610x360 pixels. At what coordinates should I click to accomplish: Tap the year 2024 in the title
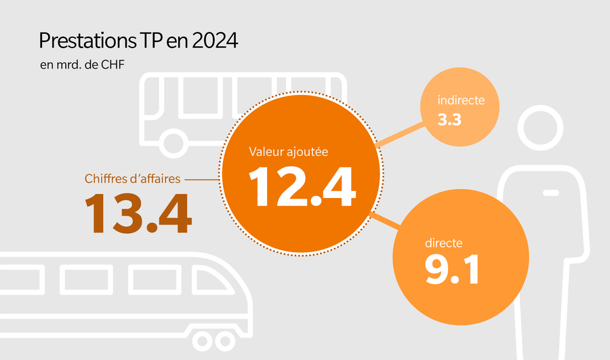215,41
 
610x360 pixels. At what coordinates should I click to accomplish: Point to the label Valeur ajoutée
288,152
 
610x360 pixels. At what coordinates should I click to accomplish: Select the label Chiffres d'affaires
133,180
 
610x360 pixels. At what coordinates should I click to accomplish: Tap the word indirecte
461,100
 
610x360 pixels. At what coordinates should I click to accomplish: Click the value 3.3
450,121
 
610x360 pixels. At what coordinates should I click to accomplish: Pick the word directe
444,243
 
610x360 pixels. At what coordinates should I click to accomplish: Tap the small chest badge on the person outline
551,193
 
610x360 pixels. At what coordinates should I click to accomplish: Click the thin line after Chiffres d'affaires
201,180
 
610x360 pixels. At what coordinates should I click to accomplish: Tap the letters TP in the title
150,41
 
